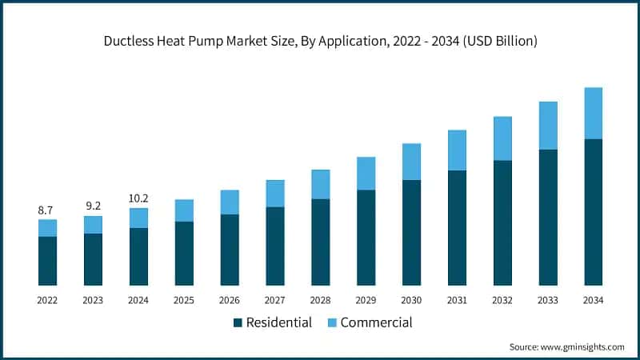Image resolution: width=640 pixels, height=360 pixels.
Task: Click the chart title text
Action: (x=320, y=41)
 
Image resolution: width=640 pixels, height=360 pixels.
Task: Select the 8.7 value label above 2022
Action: (x=47, y=210)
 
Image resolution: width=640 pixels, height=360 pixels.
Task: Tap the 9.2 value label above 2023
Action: (x=93, y=206)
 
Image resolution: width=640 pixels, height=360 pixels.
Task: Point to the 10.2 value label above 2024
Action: (x=138, y=198)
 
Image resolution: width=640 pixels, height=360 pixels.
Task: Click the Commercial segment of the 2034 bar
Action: (x=593, y=114)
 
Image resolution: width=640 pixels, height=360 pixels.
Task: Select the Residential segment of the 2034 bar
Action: (x=593, y=212)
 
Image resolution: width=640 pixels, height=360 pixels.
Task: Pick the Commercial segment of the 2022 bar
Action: (x=47, y=228)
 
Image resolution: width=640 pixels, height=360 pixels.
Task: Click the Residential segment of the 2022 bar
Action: (x=47, y=261)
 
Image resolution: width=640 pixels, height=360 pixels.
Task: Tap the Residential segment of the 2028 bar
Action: (x=321, y=242)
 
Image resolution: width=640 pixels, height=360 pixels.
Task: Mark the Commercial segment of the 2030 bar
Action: (x=411, y=162)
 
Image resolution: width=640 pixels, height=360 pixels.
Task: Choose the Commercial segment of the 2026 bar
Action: (x=230, y=202)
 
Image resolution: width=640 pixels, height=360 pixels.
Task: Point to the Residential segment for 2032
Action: (x=502, y=222)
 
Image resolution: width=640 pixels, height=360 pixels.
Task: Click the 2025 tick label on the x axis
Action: (x=184, y=300)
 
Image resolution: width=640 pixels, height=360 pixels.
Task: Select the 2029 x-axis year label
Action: (x=366, y=300)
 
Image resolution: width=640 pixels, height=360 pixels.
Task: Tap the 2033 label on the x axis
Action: (x=548, y=300)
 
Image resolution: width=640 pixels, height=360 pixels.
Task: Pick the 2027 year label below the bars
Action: (x=275, y=300)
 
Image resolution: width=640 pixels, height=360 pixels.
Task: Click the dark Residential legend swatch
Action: (x=238, y=323)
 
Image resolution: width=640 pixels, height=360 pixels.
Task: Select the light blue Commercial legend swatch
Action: (x=332, y=323)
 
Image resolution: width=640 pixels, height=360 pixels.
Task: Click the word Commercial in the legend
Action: (x=376, y=323)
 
